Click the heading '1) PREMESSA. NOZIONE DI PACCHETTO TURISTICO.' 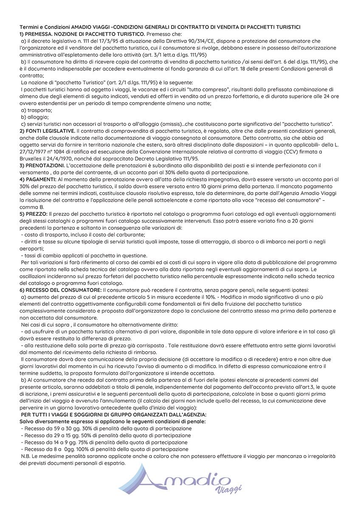[82, 34]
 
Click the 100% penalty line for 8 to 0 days [104, 449]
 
